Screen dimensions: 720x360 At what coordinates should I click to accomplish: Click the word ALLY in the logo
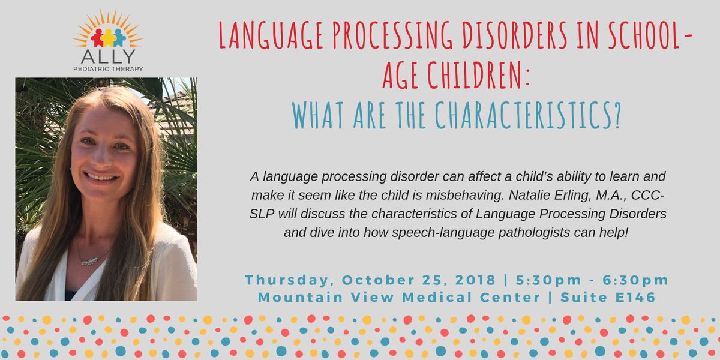click(x=108, y=56)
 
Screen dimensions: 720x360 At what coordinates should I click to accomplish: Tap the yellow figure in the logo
click(x=109, y=38)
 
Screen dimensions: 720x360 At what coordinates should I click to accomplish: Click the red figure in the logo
click(x=97, y=38)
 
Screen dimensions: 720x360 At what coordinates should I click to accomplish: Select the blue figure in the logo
click(x=119, y=38)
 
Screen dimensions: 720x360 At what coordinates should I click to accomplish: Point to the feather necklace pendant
click(x=89, y=261)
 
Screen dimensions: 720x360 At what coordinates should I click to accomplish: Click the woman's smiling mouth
click(x=101, y=176)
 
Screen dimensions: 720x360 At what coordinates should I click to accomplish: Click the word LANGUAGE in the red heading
click(x=271, y=35)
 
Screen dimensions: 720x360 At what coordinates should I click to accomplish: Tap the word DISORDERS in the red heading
click(x=515, y=35)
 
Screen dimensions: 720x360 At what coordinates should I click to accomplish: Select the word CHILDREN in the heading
click(x=474, y=75)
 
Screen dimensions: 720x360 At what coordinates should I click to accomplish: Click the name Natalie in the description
click(x=527, y=195)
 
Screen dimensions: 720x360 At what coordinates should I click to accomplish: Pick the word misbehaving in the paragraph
click(x=464, y=196)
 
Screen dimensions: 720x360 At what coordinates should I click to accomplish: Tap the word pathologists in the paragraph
click(x=534, y=233)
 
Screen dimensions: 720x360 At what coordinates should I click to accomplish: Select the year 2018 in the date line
click(x=475, y=280)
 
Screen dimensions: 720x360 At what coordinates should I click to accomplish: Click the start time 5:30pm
click(x=548, y=280)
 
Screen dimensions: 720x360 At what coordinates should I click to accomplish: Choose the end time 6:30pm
click(x=635, y=280)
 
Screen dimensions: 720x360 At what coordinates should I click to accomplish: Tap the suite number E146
click(x=635, y=298)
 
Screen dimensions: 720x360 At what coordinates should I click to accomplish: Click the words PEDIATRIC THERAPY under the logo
click(x=108, y=69)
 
